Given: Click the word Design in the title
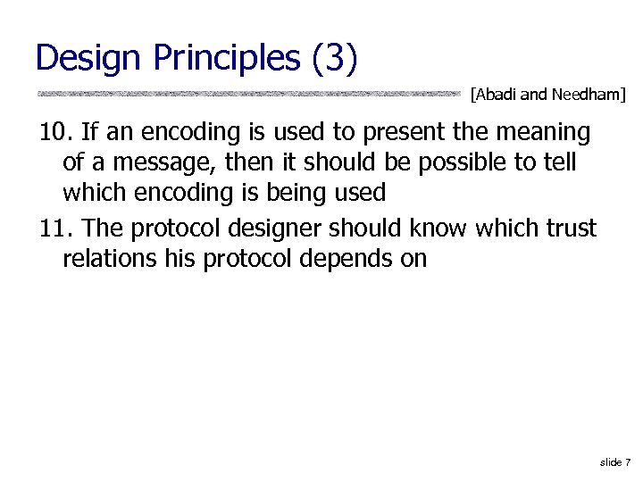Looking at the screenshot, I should (x=89, y=59).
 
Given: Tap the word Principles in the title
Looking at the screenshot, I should (x=227, y=59).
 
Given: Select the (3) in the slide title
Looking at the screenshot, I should (x=334, y=59).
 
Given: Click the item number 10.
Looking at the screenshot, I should (x=55, y=133).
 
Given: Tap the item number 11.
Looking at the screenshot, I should (x=55, y=229).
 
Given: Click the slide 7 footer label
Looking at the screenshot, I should (x=615, y=461).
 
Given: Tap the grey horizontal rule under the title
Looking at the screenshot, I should (x=250, y=93).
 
